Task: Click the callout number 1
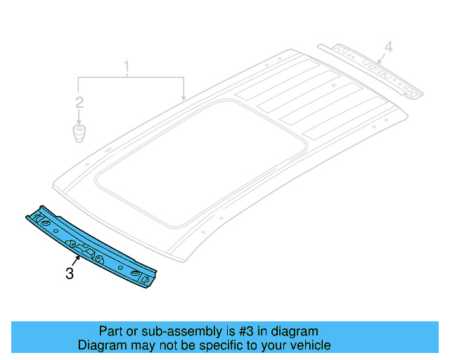point(127,68)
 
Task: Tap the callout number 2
point(80,103)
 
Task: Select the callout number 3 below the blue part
point(69,274)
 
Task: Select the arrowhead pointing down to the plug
point(80,120)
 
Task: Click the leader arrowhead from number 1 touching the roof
point(184,98)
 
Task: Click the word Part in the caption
point(110,331)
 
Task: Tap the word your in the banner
point(276,345)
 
